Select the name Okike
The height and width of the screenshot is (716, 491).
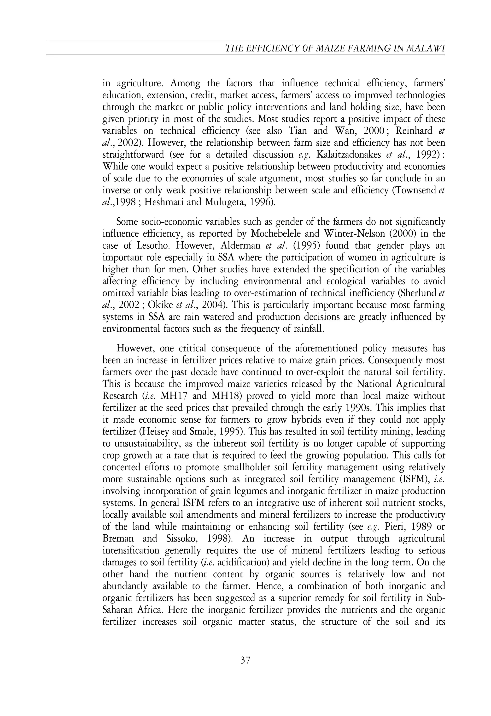[160, 305]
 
